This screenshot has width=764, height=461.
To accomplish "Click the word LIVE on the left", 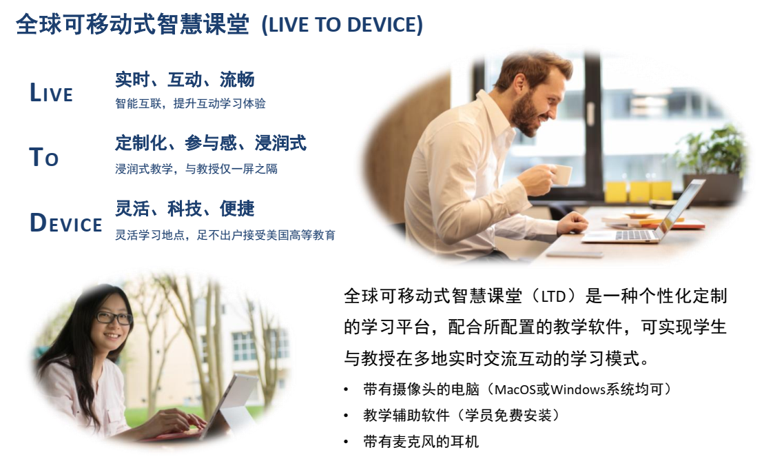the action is pos(51,92).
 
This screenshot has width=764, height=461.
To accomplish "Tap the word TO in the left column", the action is pos(44,157).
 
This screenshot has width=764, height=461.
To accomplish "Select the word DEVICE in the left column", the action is pos(65,222).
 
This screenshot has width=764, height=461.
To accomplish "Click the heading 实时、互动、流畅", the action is pos(185,79).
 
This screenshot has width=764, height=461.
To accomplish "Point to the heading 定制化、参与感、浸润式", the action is pos(211,143).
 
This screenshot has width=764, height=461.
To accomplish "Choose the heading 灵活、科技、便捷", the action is pos(185,209).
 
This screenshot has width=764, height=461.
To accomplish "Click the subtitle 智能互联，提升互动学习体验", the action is pos(191,103).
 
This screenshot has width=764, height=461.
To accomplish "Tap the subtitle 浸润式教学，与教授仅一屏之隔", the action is pos(196,169).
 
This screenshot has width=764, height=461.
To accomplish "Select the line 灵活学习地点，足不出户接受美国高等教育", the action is pos(225,235).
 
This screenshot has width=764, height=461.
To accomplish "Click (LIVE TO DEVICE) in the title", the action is pos(342,25).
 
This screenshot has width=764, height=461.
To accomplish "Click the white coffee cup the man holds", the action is pos(560,174).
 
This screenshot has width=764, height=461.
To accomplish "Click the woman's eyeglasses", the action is pos(114,318).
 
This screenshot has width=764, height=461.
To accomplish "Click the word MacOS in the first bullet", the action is pos(515,389).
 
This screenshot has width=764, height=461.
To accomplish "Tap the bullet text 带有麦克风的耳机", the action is pos(421,442).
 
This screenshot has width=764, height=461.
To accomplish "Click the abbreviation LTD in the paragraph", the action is pos(553,296).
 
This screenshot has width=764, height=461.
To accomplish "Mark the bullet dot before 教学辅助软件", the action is pos(346,416).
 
